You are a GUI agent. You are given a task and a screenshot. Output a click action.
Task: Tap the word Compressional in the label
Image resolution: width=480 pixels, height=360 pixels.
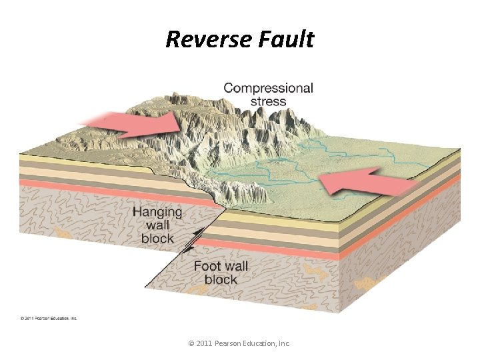(268, 88)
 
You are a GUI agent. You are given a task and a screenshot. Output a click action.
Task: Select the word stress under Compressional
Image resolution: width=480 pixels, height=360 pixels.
(268, 102)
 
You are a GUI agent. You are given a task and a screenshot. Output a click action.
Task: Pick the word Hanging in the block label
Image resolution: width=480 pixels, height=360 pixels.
(157, 212)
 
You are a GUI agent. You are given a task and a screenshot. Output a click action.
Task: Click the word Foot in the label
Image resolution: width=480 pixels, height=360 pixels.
(207, 267)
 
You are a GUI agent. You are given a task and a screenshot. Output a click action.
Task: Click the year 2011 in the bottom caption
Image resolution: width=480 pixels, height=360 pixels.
(205, 343)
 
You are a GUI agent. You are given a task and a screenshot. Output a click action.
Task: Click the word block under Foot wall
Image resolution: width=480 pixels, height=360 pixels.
(221, 280)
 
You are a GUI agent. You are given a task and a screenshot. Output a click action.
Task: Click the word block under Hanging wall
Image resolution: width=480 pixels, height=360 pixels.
(157, 239)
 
